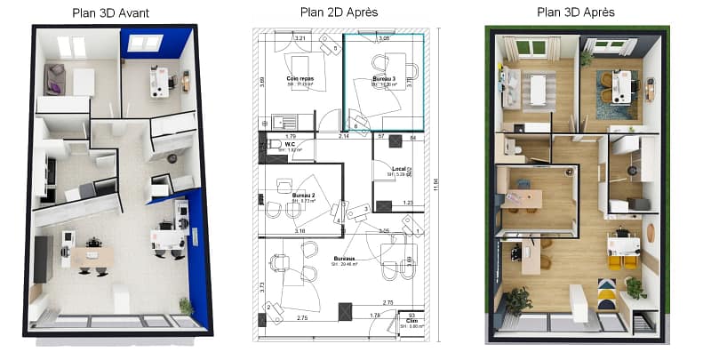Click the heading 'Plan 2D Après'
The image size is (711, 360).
339,12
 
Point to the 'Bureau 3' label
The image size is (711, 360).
383,80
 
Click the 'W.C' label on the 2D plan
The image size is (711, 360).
290,145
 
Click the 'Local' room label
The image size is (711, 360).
399,169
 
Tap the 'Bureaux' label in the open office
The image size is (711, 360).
344,260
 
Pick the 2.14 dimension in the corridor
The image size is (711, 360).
344,136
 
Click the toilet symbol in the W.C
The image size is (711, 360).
274,146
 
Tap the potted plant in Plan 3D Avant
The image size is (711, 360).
185,305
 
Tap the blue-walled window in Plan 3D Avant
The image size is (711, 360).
144,42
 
